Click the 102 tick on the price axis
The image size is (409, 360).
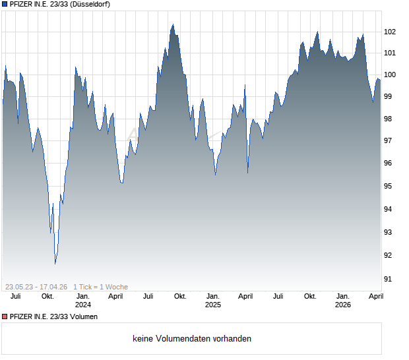point(390,32)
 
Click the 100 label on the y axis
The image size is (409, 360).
point(390,75)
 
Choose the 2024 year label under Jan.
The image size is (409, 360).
point(83,305)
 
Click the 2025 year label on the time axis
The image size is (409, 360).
point(212,305)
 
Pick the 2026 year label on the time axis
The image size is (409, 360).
point(343,305)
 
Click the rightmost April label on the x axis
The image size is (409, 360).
point(375,297)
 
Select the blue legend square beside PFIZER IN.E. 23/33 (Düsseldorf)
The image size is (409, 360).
point(5,5)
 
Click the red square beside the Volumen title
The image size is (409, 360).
point(5,317)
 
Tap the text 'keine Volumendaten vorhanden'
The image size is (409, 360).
point(192,339)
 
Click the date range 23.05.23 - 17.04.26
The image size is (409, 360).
point(37,287)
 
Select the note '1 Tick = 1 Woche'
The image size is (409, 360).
point(101,287)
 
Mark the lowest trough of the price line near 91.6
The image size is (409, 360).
point(55,264)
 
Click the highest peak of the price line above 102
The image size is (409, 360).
point(173,24)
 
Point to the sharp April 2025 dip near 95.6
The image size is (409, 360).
point(248,173)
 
